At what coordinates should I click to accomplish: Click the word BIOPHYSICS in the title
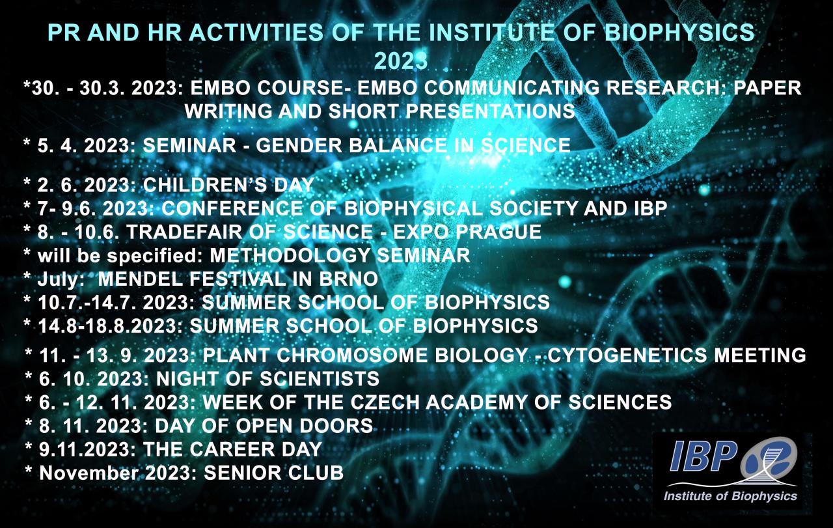point(679,33)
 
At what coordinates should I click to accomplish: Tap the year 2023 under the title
point(401,61)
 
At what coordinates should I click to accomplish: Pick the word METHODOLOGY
point(290,255)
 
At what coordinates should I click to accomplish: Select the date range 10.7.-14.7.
point(87,302)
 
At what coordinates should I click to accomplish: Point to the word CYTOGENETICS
point(627,355)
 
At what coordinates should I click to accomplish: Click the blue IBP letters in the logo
point(703,456)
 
